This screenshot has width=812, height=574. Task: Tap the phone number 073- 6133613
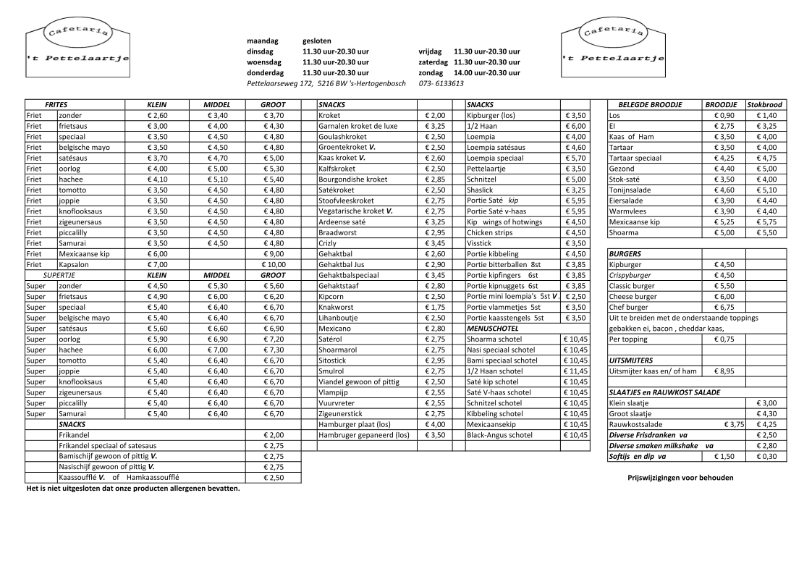click(x=441, y=83)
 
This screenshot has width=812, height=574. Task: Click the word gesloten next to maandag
click(x=316, y=41)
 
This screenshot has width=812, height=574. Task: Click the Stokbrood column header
click(x=765, y=105)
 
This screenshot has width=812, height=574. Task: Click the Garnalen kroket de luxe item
click(x=358, y=126)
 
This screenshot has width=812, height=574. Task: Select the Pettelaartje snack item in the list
click(x=485, y=169)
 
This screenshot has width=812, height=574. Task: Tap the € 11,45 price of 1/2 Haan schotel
click(x=575, y=371)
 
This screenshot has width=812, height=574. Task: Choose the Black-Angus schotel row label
click(x=499, y=435)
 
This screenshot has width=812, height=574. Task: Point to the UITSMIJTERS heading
click(x=631, y=360)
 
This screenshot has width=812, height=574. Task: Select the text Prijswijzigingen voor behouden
click(x=680, y=478)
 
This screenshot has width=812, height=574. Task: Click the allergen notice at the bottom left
click(x=132, y=488)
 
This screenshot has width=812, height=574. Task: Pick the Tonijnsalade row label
click(x=630, y=190)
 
